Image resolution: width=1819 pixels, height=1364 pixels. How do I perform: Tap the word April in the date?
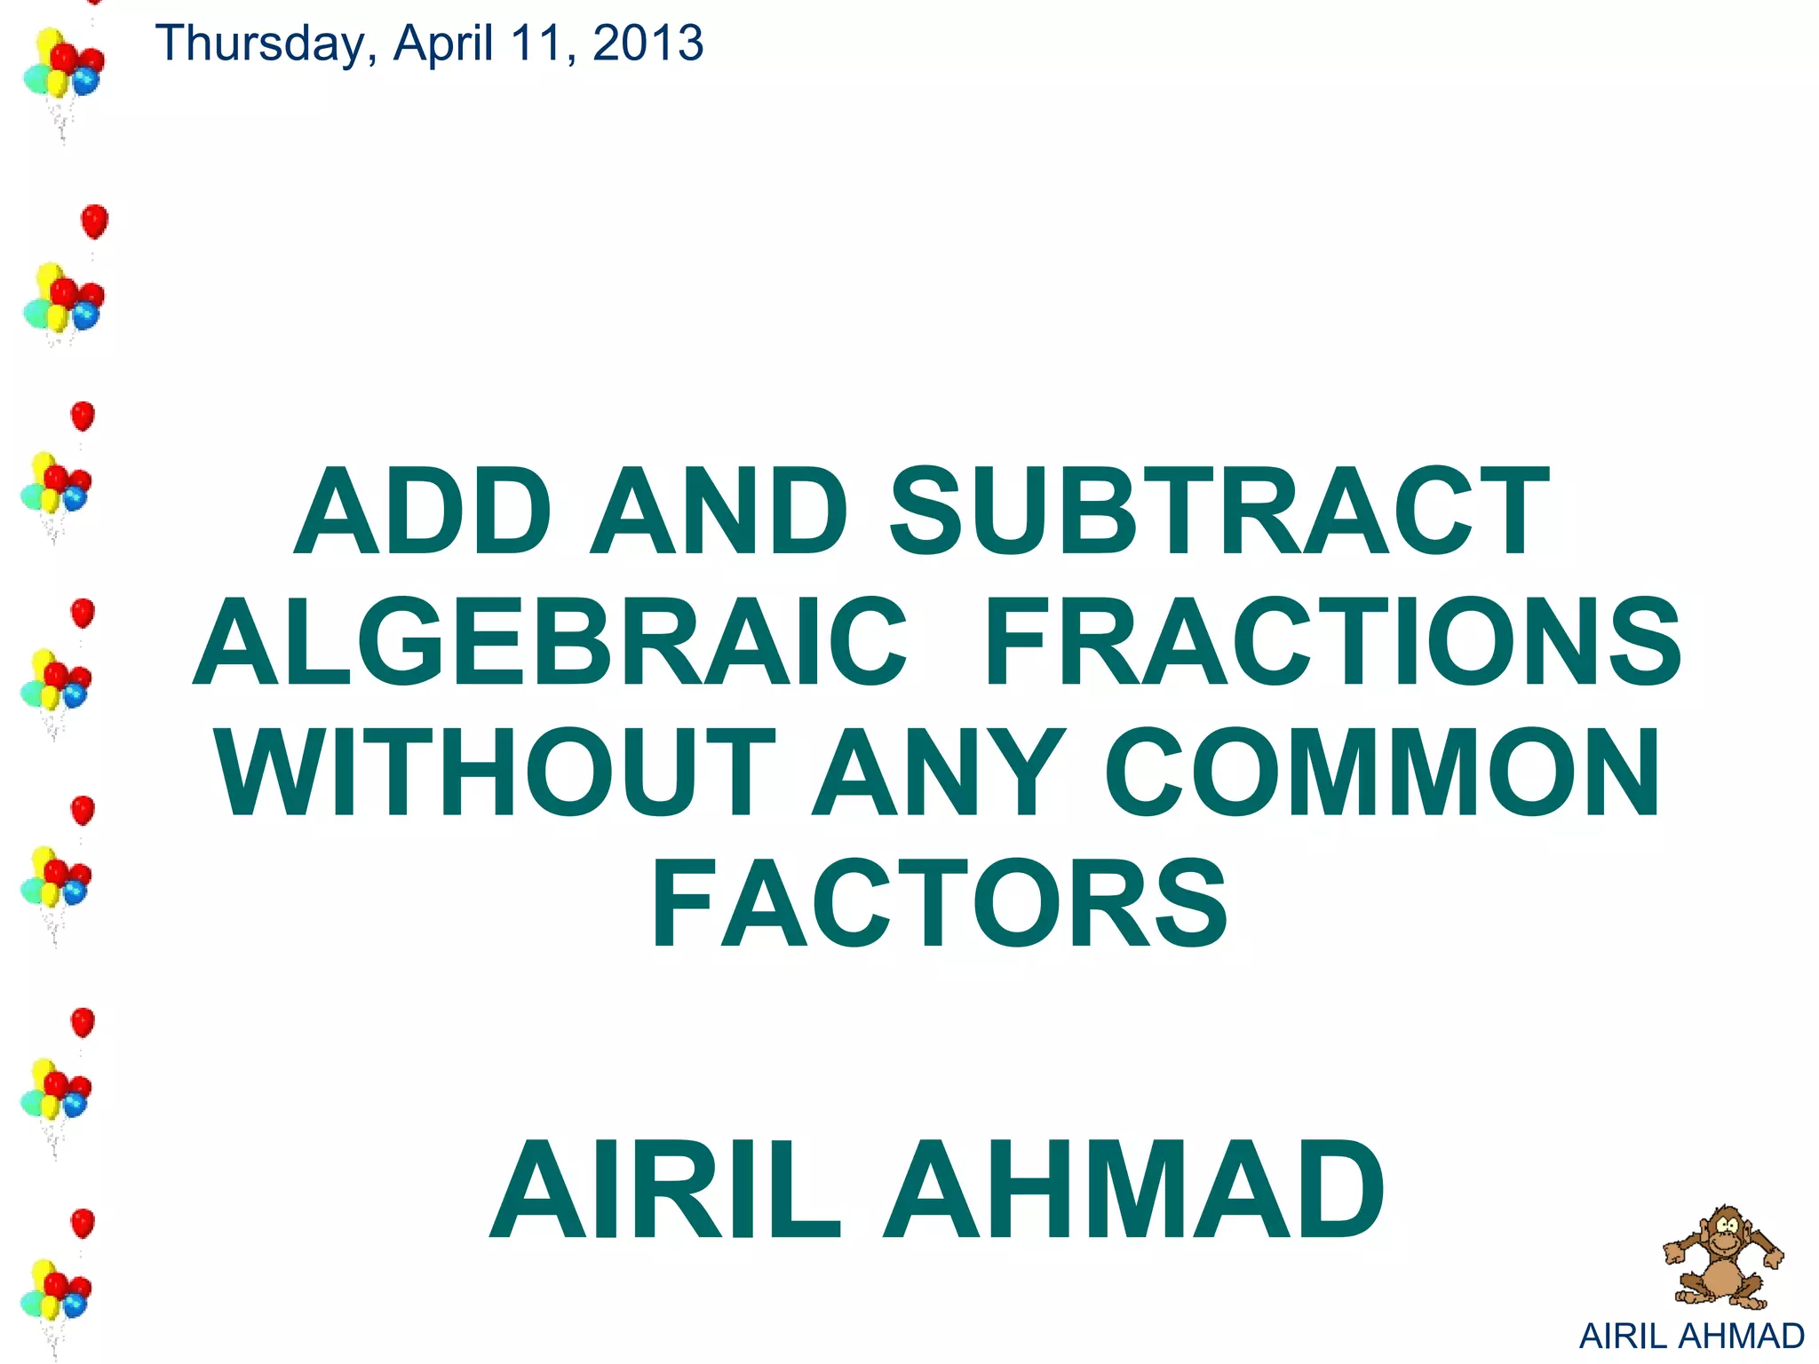(443, 43)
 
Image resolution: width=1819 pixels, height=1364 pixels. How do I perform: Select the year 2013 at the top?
(647, 43)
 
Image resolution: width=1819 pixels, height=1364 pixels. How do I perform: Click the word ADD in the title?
(423, 513)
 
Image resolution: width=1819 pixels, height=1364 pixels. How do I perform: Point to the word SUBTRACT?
(1219, 513)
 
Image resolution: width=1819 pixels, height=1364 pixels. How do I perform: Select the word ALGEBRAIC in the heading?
(551, 642)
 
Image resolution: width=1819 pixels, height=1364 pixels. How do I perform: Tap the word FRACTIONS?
(1333, 642)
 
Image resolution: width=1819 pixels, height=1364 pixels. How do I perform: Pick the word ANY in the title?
(938, 772)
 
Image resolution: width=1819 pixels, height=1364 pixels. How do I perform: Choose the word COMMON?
(1382, 772)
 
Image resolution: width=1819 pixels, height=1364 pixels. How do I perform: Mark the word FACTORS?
(940, 903)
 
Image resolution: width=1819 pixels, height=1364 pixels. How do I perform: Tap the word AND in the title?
(719, 513)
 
